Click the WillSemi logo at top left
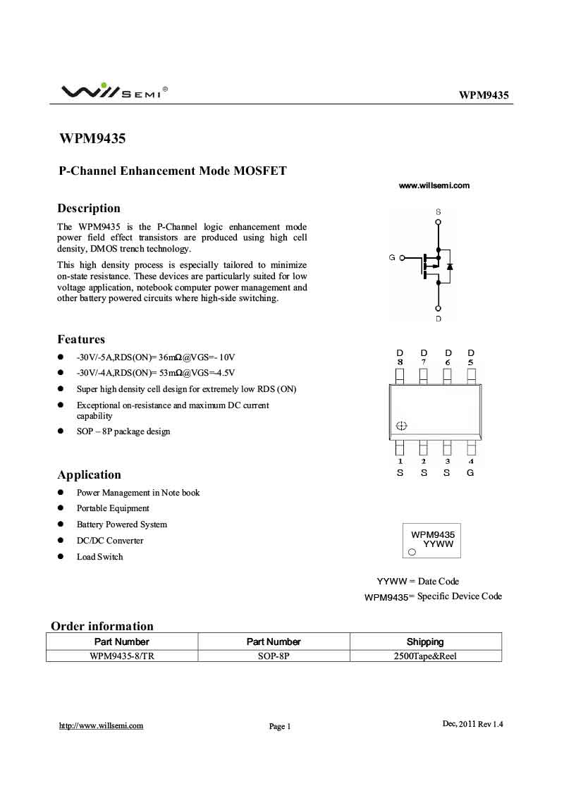(113, 91)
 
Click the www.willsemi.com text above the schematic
(434, 185)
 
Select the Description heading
(89, 208)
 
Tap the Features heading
(81, 339)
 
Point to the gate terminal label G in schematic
(392, 258)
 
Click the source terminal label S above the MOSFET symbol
(439, 211)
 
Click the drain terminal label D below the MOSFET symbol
(439, 319)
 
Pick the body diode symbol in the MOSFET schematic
(450, 266)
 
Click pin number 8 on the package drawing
(400, 362)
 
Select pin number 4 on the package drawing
(470, 462)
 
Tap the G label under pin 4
(470, 472)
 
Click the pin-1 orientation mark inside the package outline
(402, 426)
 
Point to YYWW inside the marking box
(438, 545)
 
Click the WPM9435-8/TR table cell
(122, 655)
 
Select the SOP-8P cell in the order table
(274, 655)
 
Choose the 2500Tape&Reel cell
(425, 655)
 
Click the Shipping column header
(425, 642)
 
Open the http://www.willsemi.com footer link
(101, 725)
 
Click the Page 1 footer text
(280, 726)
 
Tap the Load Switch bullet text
(99, 557)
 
